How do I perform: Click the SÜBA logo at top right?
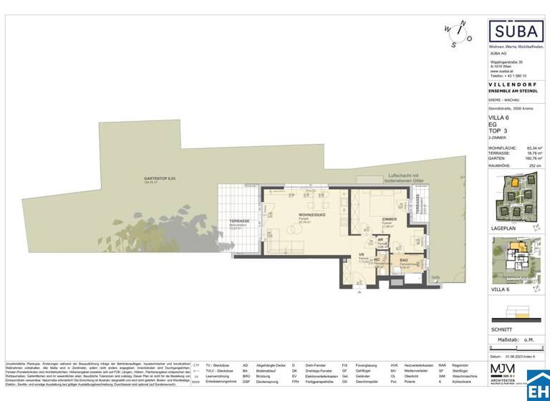[510, 31]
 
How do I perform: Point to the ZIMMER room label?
[390, 219]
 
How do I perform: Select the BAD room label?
[404, 261]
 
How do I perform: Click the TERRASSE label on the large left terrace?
[238, 221]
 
